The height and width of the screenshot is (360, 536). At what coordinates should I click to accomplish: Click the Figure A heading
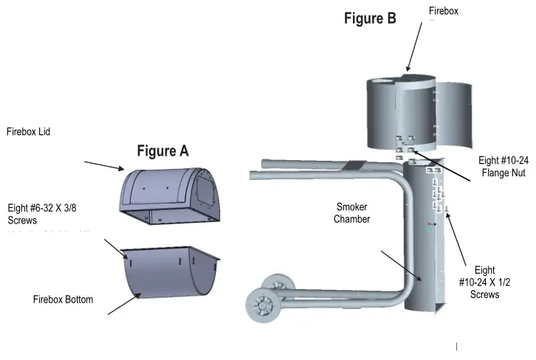[162, 151]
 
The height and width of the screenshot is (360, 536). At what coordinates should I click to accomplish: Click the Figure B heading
[370, 19]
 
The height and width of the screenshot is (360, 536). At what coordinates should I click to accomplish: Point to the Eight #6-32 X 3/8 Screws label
[41, 214]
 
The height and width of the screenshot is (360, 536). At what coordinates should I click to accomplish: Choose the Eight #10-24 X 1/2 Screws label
[484, 283]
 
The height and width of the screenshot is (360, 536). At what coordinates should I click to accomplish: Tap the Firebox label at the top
[444, 10]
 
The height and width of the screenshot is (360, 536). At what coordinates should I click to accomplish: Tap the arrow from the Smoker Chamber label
[399, 266]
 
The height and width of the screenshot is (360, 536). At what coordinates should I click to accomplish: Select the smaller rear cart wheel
[278, 283]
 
